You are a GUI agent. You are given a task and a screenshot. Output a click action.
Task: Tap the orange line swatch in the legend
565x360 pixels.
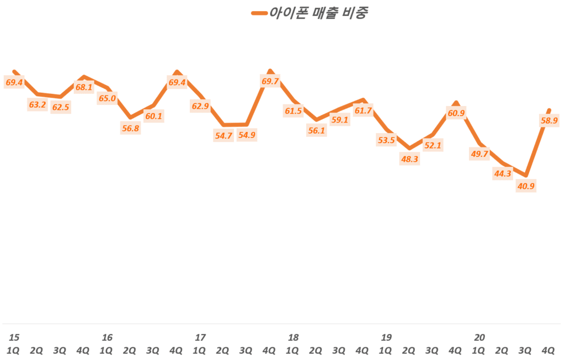click(258, 13)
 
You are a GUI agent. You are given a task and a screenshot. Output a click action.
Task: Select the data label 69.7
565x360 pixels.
click(270, 82)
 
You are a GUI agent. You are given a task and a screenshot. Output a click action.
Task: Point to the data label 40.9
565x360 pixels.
click(525, 186)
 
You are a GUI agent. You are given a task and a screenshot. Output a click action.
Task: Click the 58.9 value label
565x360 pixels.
click(551, 120)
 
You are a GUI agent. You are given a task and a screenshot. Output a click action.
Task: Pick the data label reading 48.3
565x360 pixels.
click(409, 158)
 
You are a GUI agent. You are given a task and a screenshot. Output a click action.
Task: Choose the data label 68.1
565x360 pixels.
click(84, 87)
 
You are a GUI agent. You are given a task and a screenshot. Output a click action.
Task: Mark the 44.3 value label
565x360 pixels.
click(503, 174)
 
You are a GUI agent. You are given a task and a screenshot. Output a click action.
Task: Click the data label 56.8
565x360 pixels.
click(130, 129)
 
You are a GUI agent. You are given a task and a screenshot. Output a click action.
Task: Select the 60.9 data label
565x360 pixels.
click(456, 114)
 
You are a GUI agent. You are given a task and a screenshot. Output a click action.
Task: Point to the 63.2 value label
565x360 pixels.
click(37, 104)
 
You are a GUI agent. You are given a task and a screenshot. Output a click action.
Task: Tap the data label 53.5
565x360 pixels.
click(386, 140)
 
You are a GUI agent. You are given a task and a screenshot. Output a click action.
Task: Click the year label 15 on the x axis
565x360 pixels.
click(14, 337)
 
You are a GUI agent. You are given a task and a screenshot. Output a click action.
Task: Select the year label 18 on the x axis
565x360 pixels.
click(293, 337)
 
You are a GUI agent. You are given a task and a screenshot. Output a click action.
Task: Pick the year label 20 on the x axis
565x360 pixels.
click(479, 337)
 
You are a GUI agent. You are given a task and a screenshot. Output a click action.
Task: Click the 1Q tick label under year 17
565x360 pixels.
click(200, 350)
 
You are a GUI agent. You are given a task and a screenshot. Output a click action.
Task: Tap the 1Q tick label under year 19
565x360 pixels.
click(386, 350)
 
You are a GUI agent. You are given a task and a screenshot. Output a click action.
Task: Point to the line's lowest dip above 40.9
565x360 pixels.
click(527, 176)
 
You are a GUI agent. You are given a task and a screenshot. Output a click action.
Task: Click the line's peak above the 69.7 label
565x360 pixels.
click(270, 71)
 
